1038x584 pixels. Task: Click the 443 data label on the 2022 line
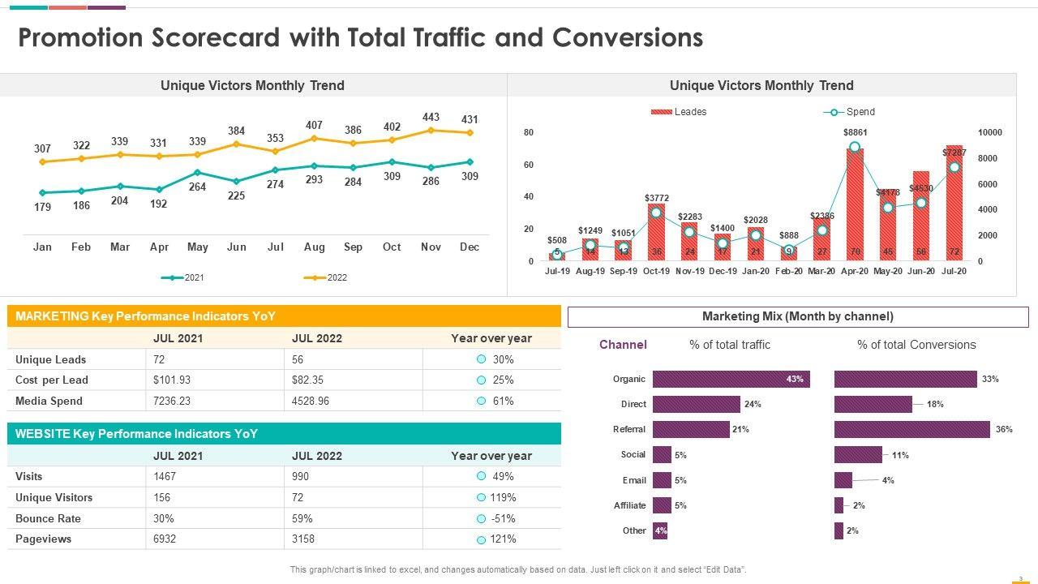click(431, 118)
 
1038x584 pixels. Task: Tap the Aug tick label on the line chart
click(314, 247)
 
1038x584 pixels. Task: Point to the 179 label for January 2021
click(42, 207)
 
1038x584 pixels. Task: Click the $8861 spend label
click(855, 132)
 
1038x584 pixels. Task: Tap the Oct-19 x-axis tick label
click(656, 271)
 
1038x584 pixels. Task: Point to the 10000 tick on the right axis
click(989, 132)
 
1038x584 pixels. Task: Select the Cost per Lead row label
click(52, 380)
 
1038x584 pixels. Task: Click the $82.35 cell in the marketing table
click(308, 380)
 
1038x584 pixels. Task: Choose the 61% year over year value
click(503, 401)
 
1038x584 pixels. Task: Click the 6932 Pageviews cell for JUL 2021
click(166, 539)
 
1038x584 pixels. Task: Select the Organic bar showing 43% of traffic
click(730, 379)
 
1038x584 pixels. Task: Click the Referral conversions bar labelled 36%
click(911, 429)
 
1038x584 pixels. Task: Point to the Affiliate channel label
click(629, 505)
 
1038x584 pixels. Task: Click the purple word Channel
click(623, 345)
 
